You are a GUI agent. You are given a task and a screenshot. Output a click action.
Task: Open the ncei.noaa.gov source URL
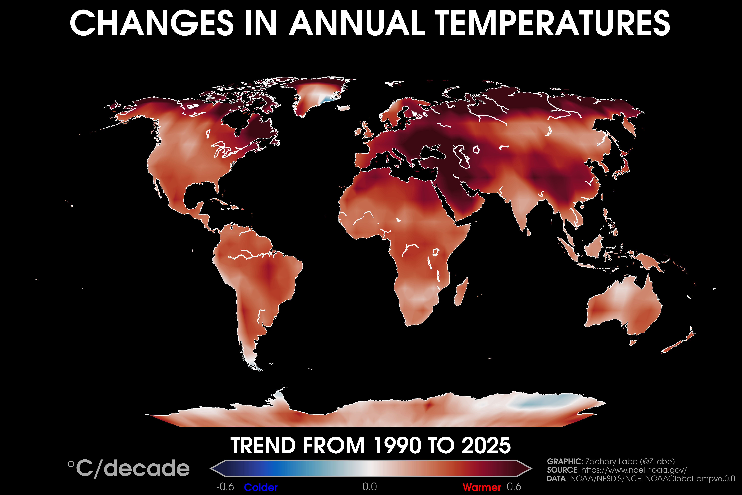pos(634,470)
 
